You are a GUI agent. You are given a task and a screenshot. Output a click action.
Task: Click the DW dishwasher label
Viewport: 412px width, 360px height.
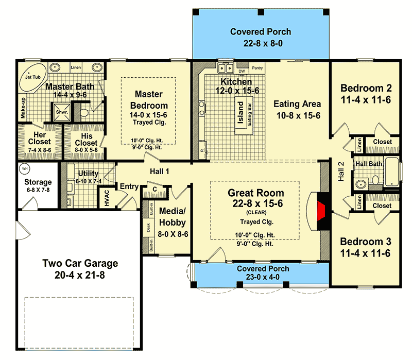pos(241,72)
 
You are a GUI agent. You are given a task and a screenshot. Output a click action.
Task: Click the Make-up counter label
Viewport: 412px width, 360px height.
pos(23,108)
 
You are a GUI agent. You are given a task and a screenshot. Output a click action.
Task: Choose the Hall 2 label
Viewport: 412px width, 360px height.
pos(341,170)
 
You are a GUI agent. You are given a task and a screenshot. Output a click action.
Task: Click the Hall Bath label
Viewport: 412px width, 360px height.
pos(368,164)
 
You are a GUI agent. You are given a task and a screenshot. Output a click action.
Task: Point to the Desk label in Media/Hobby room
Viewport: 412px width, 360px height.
pos(148,228)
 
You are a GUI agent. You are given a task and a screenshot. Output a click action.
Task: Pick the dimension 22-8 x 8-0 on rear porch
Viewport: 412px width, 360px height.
pos(261,44)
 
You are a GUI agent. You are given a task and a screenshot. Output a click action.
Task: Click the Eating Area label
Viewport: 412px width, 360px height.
pos(297,104)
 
